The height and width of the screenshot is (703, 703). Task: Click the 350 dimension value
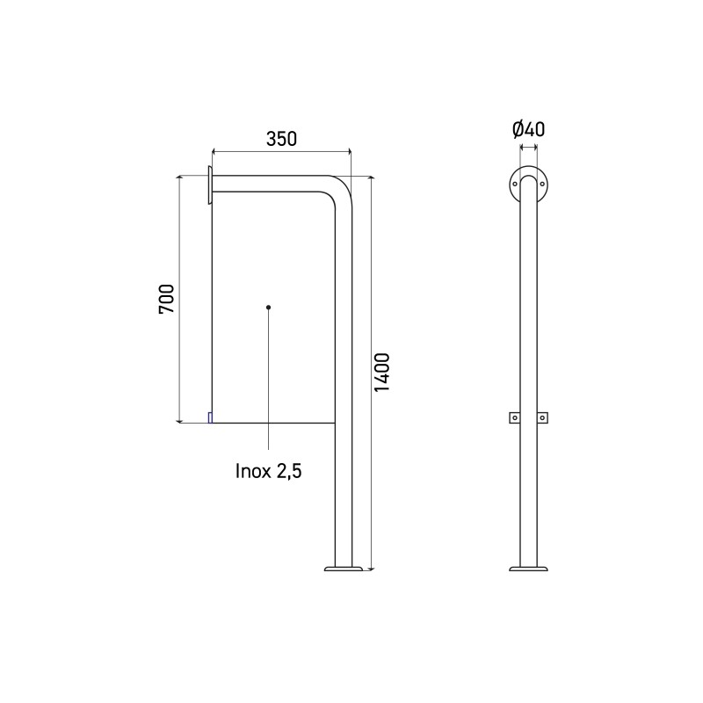pyautogui.click(x=281, y=138)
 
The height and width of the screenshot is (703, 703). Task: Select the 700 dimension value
pyautogui.click(x=168, y=300)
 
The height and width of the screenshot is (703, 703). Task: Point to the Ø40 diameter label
pyautogui.click(x=528, y=129)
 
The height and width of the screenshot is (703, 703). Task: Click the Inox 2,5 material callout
pyautogui.click(x=268, y=471)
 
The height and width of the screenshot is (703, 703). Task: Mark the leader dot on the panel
pyautogui.click(x=268, y=307)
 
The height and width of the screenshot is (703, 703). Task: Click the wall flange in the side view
pyautogui.click(x=209, y=185)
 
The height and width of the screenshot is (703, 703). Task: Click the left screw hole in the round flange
pyautogui.click(x=514, y=185)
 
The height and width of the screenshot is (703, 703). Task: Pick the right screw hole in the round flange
pyautogui.click(x=542, y=185)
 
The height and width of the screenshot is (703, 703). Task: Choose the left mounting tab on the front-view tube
pyautogui.click(x=513, y=418)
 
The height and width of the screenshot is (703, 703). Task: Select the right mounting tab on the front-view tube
pyautogui.click(x=543, y=418)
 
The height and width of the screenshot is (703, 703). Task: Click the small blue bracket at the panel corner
pyautogui.click(x=209, y=417)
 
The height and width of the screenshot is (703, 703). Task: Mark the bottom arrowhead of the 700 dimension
pyautogui.click(x=181, y=419)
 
